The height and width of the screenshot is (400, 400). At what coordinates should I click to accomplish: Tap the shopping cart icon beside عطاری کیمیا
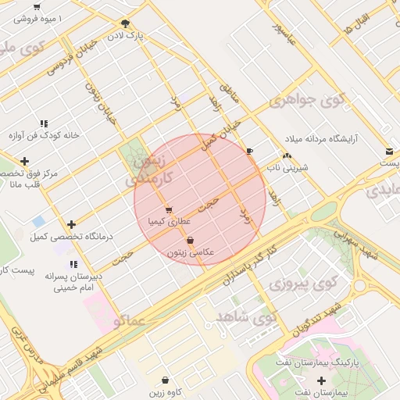pos(170,209)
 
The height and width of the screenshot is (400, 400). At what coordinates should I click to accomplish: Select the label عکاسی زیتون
pos(191,253)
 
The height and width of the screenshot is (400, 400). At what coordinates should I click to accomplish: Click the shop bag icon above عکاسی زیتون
pos(191,241)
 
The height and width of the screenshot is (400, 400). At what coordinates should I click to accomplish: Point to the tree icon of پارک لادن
pos(125,23)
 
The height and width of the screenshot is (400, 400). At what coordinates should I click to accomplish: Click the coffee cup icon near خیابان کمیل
pos(249,151)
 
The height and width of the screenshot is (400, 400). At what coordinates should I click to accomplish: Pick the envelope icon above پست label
pos(388,151)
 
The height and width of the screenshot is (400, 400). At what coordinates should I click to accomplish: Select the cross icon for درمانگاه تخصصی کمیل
pos(72,224)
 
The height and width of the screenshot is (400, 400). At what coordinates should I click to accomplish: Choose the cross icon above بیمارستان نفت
pos(321,380)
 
